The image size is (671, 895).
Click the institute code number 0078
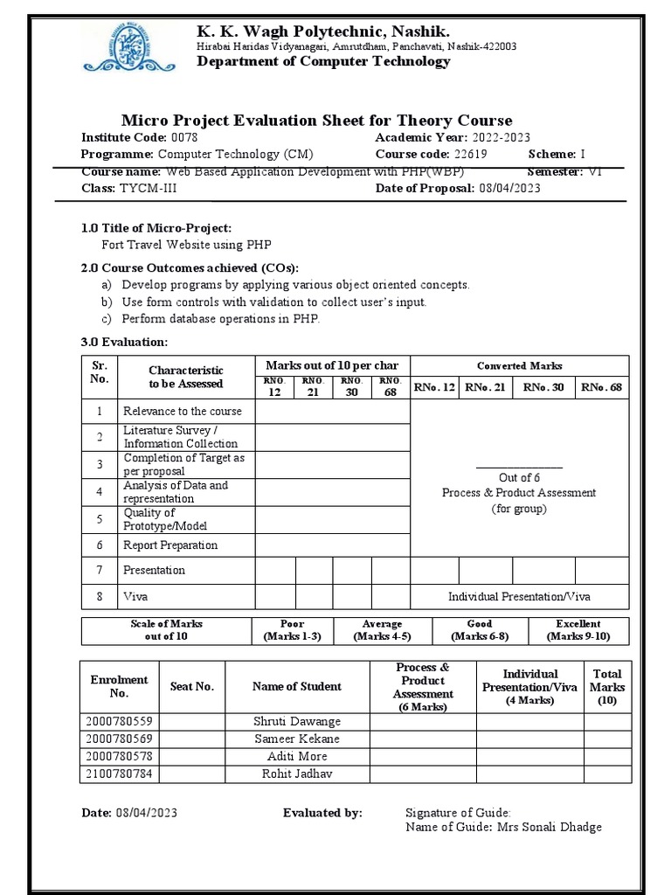(184, 138)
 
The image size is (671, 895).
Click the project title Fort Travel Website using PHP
(180, 245)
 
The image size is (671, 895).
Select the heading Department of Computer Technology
(323, 61)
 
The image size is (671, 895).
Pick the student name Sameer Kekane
(296, 739)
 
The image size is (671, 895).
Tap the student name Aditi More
(297, 757)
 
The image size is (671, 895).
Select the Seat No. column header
(191, 687)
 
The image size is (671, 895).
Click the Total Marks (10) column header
(607, 687)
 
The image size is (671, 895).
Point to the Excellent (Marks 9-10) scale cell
(578, 630)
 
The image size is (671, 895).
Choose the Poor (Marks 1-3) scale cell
(292, 630)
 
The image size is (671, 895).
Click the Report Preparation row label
(170, 545)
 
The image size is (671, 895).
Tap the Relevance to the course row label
(183, 411)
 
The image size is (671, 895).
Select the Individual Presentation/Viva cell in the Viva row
(519, 596)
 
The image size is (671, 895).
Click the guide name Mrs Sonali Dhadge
(549, 828)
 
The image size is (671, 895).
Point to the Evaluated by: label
(322, 813)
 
